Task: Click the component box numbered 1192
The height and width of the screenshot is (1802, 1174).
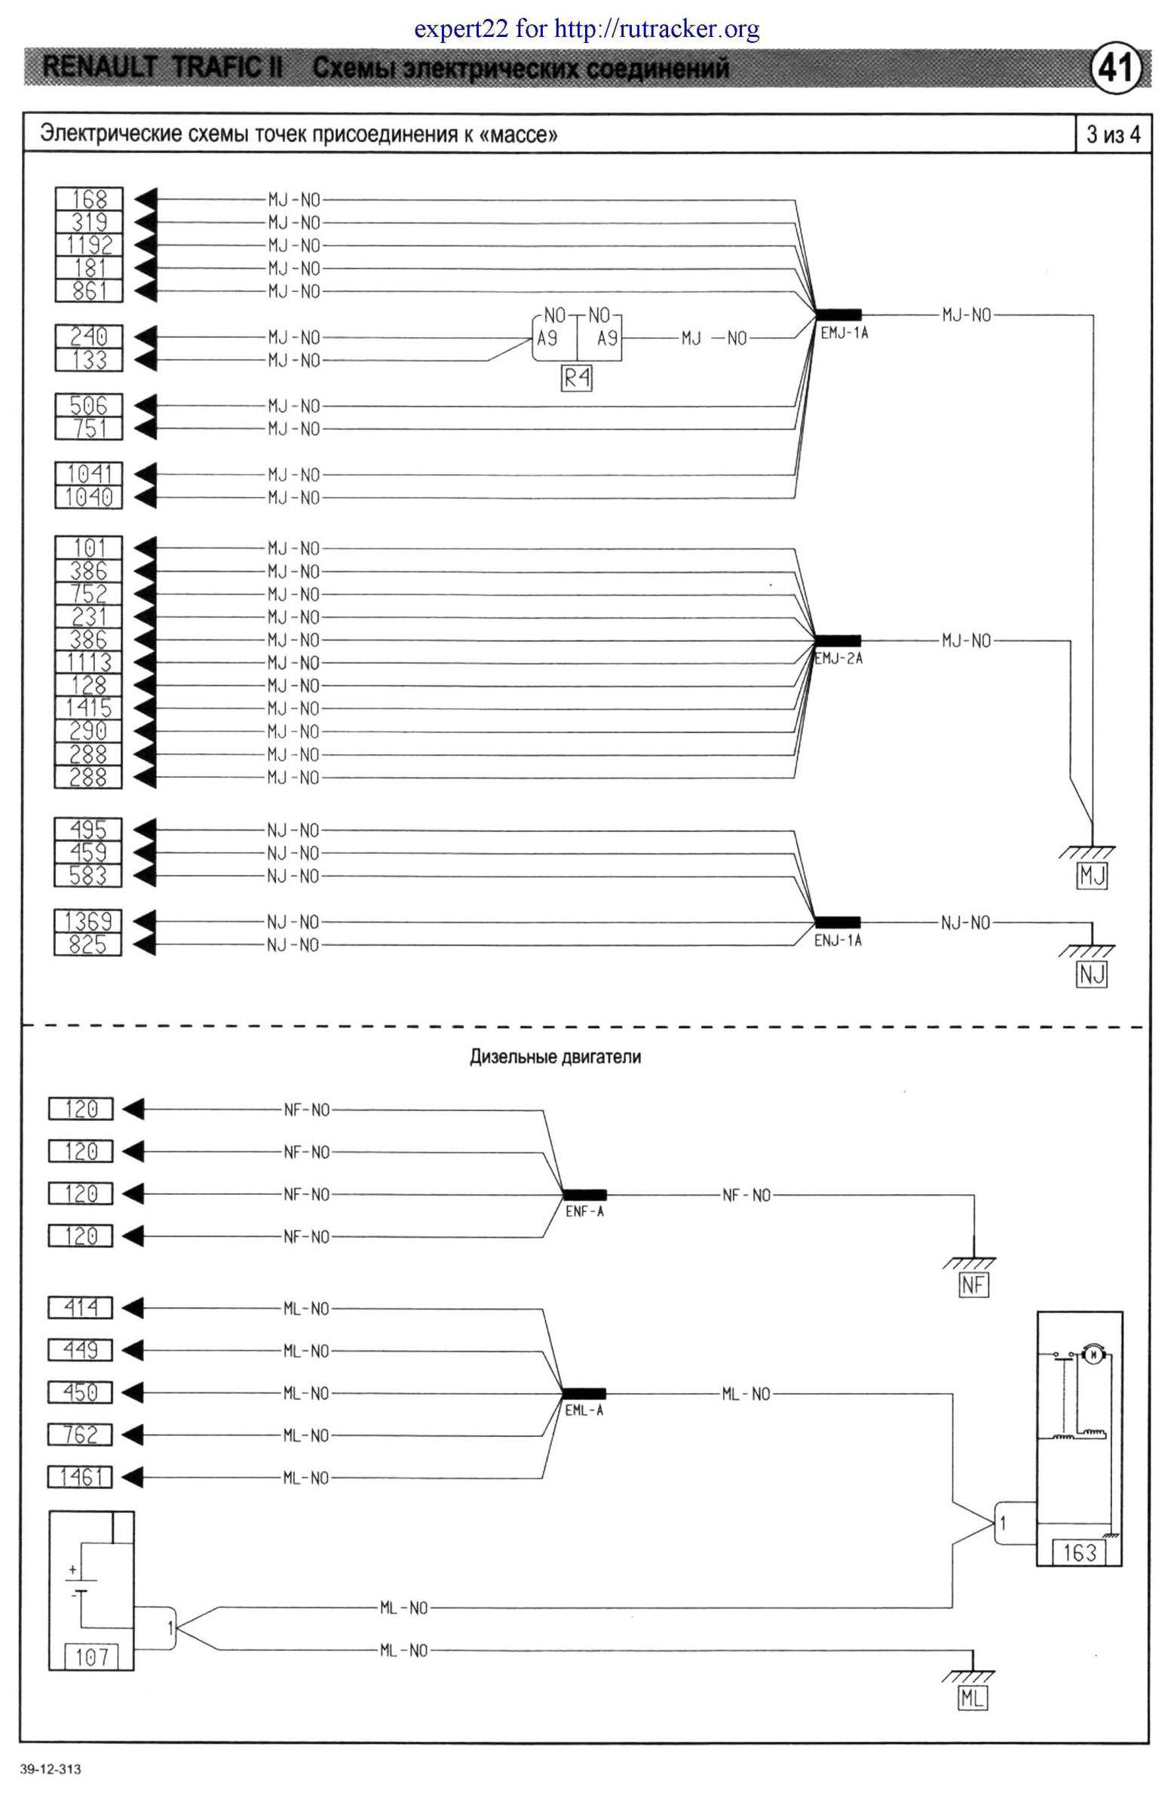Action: [x=88, y=245]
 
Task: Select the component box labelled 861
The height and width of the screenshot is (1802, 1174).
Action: [x=88, y=290]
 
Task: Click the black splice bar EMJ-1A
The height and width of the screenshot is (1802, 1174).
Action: [x=838, y=315]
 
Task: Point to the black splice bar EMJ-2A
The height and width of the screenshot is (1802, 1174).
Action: [x=838, y=640]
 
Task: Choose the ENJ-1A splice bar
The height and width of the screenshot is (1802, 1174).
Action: [x=837, y=922]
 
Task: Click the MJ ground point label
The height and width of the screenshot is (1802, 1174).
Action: [x=1092, y=876]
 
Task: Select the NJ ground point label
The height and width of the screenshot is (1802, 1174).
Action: [x=1092, y=975]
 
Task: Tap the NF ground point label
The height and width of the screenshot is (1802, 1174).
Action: [x=973, y=1285]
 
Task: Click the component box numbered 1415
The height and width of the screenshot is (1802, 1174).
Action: [x=87, y=709]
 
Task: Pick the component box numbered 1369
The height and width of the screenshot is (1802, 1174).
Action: [x=87, y=922]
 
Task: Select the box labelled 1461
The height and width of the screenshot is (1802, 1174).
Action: [x=80, y=1476]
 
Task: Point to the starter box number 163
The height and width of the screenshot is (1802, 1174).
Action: [x=1080, y=1553]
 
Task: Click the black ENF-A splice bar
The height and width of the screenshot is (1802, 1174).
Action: [x=584, y=1195]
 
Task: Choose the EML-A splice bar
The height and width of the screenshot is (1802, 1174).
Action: [x=584, y=1393]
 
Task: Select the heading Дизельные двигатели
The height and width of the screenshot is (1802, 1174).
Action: [x=555, y=1057]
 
